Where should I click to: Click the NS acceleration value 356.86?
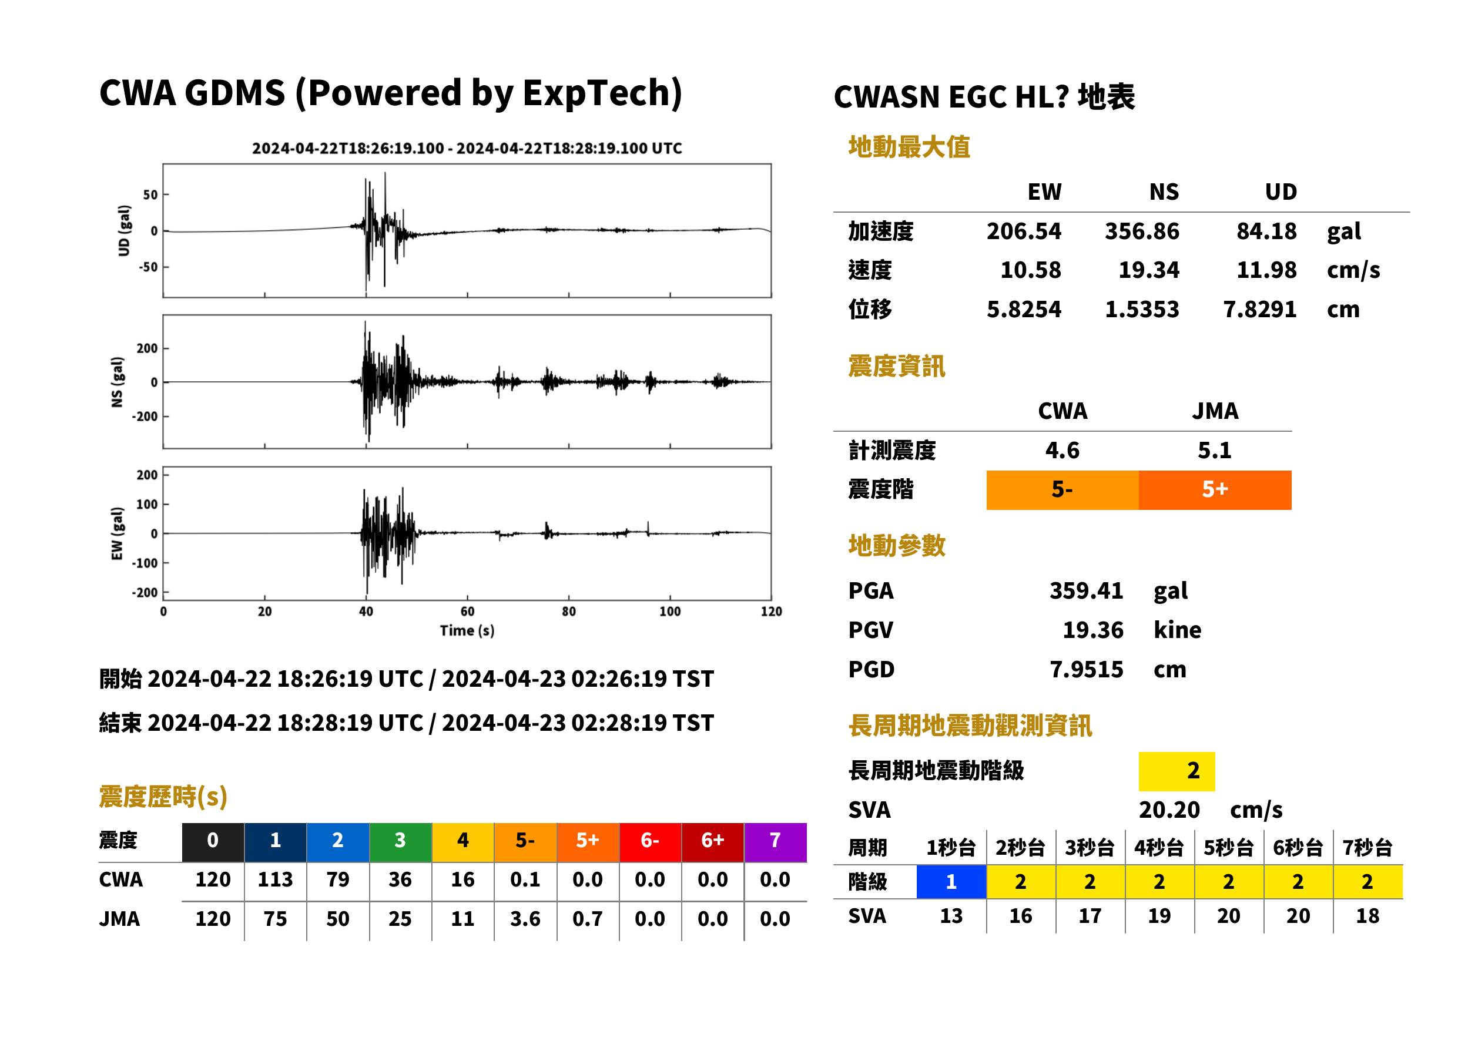coord(1141,231)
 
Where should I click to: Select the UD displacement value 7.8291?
coord(1259,309)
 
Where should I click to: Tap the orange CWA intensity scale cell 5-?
coord(1062,490)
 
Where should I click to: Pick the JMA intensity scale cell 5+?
coord(1215,490)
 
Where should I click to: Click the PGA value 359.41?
coord(1086,590)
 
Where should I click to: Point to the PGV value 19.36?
coord(1093,630)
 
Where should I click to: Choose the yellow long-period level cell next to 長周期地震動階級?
coord(1177,771)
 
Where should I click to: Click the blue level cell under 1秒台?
coord(951,882)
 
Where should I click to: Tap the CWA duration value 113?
coord(275,879)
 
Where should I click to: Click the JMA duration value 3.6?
coord(525,919)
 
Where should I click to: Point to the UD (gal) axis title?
coord(124,231)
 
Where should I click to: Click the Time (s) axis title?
coord(467,631)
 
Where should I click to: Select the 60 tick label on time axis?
coord(467,612)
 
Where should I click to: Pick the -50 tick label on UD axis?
coord(148,267)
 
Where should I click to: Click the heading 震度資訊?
coord(896,367)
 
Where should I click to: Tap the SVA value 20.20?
coord(1169,810)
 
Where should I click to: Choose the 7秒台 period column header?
coord(1367,848)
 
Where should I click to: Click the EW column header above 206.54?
coord(1044,192)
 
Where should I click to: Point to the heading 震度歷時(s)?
coord(163,797)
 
